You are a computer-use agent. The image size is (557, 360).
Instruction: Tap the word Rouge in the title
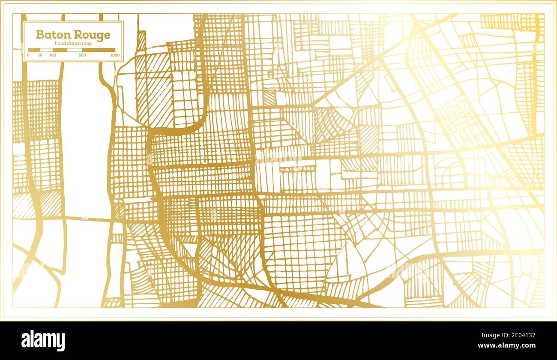(x=92, y=35)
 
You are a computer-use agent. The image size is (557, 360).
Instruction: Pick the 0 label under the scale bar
(x=28, y=55)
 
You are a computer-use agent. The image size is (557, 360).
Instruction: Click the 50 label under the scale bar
(x=40, y=55)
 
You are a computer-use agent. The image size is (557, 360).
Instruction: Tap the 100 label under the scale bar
(x=53, y=55)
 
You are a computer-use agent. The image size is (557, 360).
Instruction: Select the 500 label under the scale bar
(x=82, y=55)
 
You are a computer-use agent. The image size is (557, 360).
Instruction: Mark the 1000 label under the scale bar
(x=115, y=55)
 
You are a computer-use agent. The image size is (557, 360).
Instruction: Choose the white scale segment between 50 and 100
(x=46, y=50)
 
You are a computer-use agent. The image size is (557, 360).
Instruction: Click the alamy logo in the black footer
(x=43, y=341)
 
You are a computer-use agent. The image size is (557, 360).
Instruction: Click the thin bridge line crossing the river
(x=88, y=219)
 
